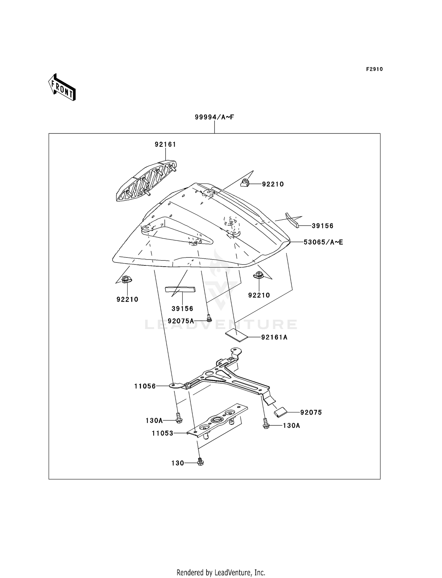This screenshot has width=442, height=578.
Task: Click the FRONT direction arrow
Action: point(62,87)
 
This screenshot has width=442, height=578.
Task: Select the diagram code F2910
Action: point(374,69)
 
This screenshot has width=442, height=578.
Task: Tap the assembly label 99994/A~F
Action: point(214,117)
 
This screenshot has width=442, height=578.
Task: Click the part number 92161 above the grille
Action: point(165,144)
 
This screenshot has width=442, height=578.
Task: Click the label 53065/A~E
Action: point(323,242)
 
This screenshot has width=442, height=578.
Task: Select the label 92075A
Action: point(181,321)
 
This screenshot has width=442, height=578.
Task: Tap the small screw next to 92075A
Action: point(209,318)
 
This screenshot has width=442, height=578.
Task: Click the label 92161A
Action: point(274,337)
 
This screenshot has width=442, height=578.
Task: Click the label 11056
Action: point(145,386)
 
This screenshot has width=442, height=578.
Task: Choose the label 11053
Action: point(162,433)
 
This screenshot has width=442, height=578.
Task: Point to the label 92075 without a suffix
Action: point(311,412)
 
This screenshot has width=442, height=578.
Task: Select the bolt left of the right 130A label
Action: point(265,425)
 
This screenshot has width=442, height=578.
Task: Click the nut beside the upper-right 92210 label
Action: point(245,183)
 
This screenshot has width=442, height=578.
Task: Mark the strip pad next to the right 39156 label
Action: point(292,220)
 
